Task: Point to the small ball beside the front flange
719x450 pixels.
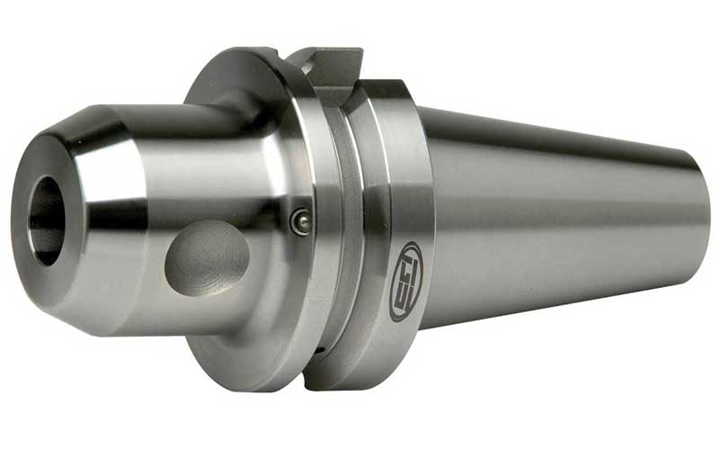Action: [302, 221]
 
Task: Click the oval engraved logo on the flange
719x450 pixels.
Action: [405, 281]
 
